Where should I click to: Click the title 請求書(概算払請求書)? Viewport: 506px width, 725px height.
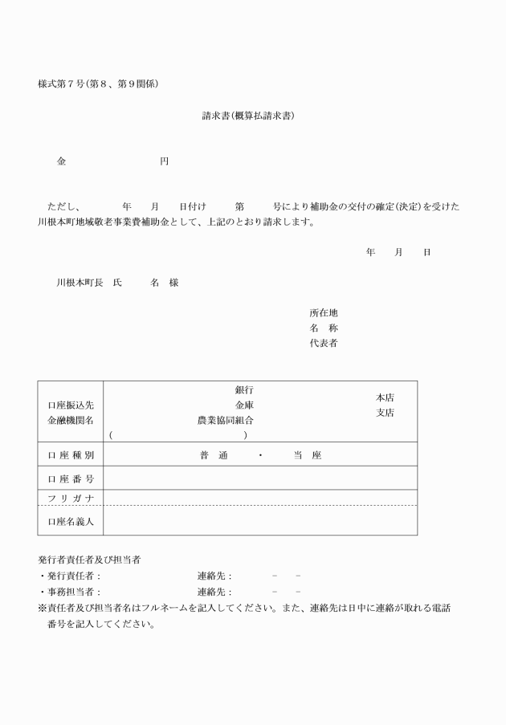pyautogui.click(x=248, y=116)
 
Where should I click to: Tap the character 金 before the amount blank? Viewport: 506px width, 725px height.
pyautogui.click(x=62, y=161)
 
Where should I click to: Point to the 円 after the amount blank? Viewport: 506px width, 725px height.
pyautogui.click(x=164, y=161)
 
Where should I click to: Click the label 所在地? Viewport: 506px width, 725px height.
pyautogui.click(x=324, y=313)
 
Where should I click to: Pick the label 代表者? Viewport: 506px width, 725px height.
pyautogui.click(x=324, y=344)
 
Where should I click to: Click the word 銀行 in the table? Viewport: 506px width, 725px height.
pyautogui.click(x=244, y=390)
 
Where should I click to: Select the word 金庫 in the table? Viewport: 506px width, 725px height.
pyautogui.click(x=244, y=405)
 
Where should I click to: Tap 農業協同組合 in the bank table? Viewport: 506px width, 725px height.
pyautogui.click(x=226, y=420)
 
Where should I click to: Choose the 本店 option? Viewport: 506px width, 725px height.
pyautogui.click(x=385, y=397)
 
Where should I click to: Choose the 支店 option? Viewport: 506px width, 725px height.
pyautogui.click(x=385, y=413)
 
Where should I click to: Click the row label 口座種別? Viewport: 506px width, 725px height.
pyautogui.click(x=71, y=455)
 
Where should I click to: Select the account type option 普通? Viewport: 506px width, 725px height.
pyautogui.click(x=214, y=455)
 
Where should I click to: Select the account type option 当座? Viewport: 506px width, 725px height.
pyautogui.click(x=307, y=455)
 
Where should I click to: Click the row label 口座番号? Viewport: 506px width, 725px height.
pyautogui.click(x=71, y=479)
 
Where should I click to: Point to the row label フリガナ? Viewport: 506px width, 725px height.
pyautogui.click(x=71, y=499)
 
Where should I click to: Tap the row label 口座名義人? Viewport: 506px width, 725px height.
pyautogui.click(x=71, y=522)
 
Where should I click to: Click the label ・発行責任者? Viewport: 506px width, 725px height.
pyautogui.click(x=70, y=576)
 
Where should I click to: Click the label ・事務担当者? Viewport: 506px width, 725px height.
pyautogui.click(x=70, y=592)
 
